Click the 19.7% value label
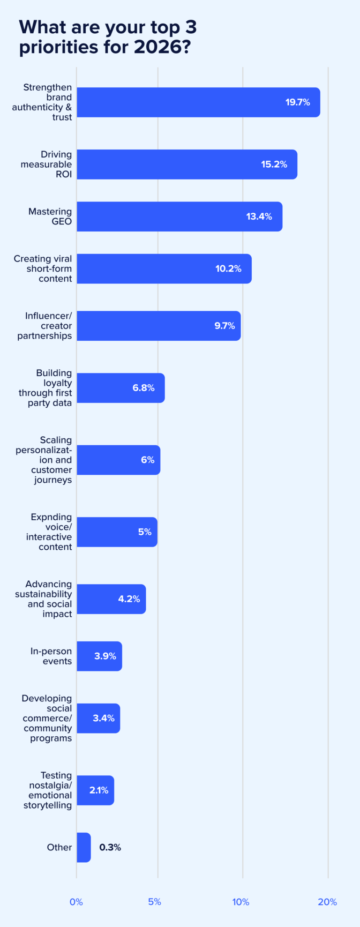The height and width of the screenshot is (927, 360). [x=297, y=102]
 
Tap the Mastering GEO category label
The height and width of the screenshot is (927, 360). [x=50, y=216]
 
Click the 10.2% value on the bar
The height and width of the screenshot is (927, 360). [x=228, y=268]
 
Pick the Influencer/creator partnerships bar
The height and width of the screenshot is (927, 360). [x=159, y=326]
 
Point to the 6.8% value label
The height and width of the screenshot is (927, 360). [x=144, y=387]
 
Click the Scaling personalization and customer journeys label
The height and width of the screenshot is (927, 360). [x=44, y=460]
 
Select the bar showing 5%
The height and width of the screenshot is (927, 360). [x=117, y=532]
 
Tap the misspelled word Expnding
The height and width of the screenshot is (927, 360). [x=51, y=517]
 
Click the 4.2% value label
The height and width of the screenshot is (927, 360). [x=129, y=599]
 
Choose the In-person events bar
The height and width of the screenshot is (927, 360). [x=99, y=656]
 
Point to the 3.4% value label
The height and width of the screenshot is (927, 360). [x=103, y=718]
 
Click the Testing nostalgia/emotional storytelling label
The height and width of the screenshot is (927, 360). [x=48, y=790]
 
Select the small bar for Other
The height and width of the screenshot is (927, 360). [x=84, y=847]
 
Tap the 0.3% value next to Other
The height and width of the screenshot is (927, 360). [x=110, y=847]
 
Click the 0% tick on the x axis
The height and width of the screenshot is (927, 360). [x=76, y=902]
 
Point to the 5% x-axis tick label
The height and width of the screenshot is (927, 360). [x=154, y=902]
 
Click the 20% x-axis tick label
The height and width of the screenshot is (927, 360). [x=327, y=902]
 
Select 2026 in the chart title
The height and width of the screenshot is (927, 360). [x=158, y=47]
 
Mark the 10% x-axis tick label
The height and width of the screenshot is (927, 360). [x=241, y=902]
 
